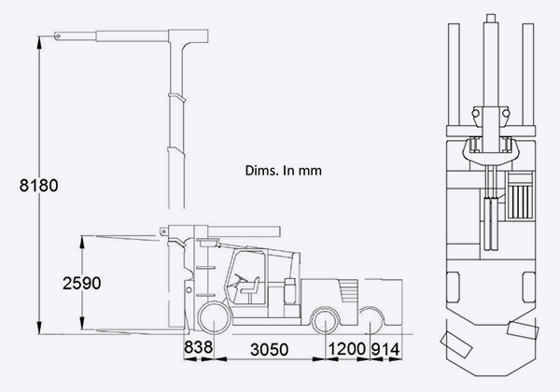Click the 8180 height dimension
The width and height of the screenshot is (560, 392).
[38, 186]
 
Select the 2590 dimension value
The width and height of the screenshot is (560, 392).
[82, 283]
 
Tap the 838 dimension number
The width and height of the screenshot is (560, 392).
[198, 347]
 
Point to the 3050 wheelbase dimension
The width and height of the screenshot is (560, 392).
[270, 349]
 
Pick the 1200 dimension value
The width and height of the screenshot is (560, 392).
[347, 349]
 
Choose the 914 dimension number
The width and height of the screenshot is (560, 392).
[385, 349]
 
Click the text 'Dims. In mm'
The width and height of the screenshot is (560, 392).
[283, 170]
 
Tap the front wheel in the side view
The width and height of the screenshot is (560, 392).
[215, 318]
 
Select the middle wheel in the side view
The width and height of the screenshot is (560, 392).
[326, 319]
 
